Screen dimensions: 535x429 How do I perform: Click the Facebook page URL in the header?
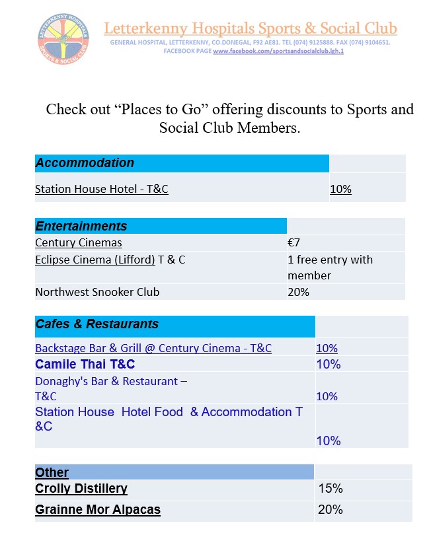278,51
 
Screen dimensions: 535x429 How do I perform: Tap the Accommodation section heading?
85,163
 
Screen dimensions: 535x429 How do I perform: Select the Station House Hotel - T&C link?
102,189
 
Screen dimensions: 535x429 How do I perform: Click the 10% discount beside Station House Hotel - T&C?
340,189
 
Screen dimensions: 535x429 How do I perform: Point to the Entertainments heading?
81,226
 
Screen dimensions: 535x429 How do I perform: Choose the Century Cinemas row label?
79,242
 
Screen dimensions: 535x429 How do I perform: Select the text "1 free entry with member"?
330,267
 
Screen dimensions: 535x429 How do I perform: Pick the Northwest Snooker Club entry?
97,291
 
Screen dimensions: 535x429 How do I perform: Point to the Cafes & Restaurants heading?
97,324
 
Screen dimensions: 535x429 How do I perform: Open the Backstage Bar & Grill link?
153,348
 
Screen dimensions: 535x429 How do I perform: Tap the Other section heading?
52,472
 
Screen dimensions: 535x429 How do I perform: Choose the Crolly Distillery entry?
81,489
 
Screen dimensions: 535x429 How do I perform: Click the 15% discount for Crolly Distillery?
331,489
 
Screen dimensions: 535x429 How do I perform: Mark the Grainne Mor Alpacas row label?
98,509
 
